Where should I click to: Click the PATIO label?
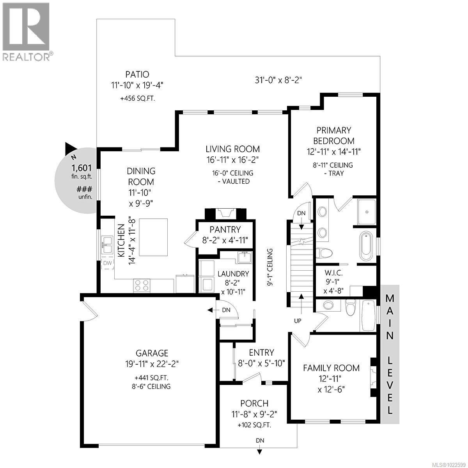coord(137,74)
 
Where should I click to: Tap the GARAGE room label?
coord(152,353)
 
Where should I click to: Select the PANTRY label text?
coord(225,229)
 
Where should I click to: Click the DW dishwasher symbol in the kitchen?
coord(107,263)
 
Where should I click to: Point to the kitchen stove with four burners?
coord(142,285)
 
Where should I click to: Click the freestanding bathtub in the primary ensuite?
coord(367,246)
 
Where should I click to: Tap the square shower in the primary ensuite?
coord(367,212)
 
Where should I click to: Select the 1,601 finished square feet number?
coord(81,168)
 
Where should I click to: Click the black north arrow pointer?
coord(70,148)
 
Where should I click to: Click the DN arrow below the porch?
coord(260,451)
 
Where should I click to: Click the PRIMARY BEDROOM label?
coord(333,135)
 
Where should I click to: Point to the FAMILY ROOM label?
coord(331,368)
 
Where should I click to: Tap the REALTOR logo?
coord(26,31)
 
